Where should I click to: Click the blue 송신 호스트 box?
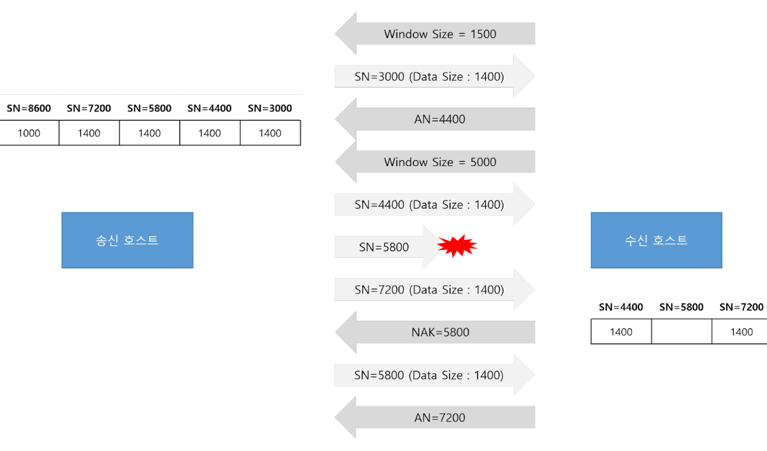click(127, 240)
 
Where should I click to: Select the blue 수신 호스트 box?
click(656, 240)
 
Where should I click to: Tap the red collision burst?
click(457, 246)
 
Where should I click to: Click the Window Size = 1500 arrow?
click(435, 34)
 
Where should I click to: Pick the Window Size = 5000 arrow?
click(435, 162)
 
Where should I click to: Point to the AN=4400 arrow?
click(435, 119)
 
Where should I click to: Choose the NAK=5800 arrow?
click(435, 332)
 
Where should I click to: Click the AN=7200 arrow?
click(435, 417)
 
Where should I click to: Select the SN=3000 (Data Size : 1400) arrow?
click(435, 76)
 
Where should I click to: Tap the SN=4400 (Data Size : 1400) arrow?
click(435, 204)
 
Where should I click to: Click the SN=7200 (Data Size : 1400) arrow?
click(435, 289)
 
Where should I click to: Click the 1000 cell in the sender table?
click(29, 133)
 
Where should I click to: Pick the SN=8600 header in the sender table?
click(29, 108)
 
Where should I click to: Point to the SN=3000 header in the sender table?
click(270, 108)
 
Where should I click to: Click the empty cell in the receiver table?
click(681, 332)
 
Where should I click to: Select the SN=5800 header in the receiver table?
click(681, 307)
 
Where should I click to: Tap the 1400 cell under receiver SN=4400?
click(621, 332)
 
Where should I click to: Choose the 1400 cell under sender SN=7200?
click(89, 133)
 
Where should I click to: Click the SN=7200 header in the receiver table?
click(741, 307)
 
